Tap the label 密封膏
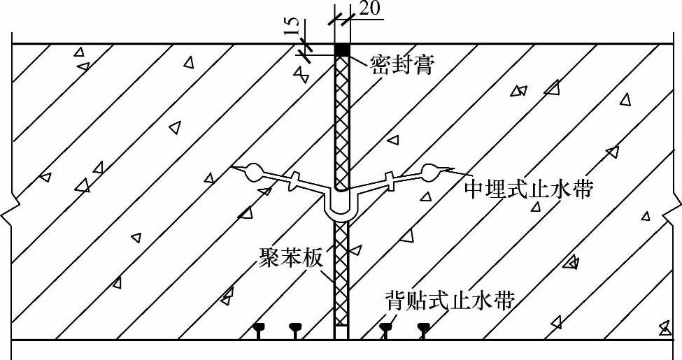pos(402,64)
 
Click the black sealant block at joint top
pos(342,50)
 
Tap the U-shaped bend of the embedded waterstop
pos(342,210)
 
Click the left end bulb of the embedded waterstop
pos(253,171)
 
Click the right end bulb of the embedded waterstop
pos(430,171)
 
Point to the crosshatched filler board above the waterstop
pos(342,119)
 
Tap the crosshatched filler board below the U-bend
pos(342,273)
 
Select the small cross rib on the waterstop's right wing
pos(389,180)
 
